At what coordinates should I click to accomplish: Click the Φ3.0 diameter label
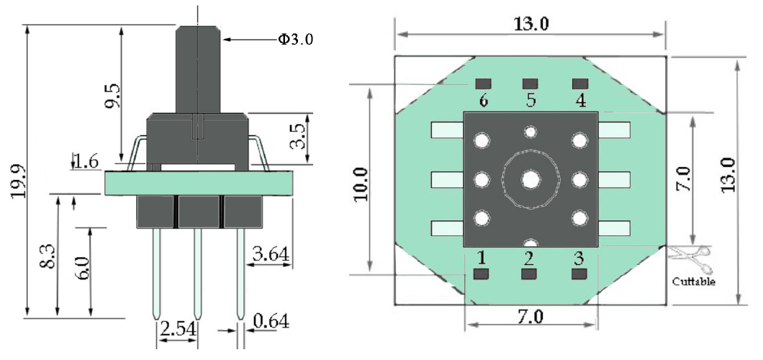(295, 40)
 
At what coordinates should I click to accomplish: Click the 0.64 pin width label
(271, 321)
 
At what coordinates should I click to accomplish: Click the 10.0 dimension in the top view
(361, 184)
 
